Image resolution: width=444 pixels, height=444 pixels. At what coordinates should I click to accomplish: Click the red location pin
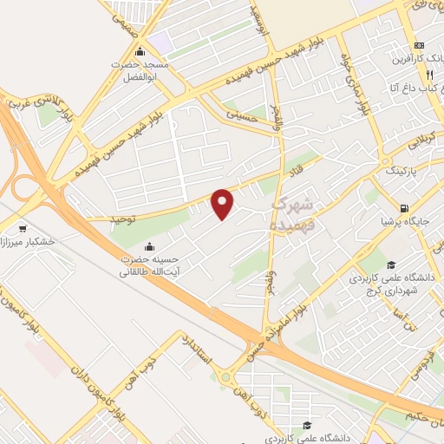click(x=224, y=203)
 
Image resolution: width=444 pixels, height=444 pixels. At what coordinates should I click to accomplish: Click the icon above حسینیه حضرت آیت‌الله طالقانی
click(x=150, y=245)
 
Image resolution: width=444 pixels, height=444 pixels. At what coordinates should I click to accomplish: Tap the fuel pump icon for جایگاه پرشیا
click(x=404, y=207)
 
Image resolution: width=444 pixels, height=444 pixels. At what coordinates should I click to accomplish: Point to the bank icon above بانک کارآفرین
click(x=420, y=45)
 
